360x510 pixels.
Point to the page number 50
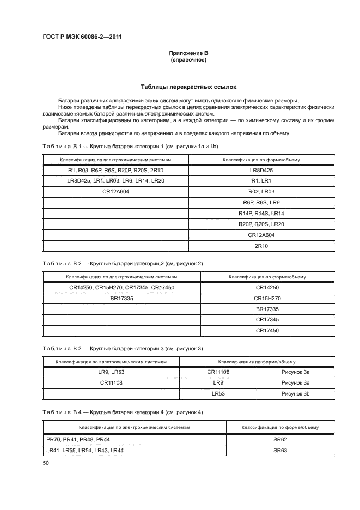tap(45, 463)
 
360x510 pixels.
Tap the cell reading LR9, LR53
tap(112, 371)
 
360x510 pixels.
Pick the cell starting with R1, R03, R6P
tap(115, 170)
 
